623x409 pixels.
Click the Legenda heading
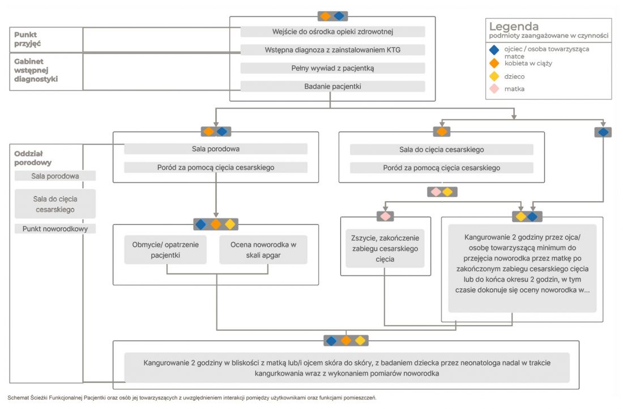coord(514,27)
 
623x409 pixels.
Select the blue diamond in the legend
coord(494,50)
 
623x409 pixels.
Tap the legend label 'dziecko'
coord(514,76)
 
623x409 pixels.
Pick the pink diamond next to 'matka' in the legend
coord(494,88)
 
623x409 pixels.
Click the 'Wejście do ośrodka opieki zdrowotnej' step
coord(332,32)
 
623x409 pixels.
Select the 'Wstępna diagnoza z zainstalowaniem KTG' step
coord(332,50)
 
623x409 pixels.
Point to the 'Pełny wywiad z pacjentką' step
coord(332,69)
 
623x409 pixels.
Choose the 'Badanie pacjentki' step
coord(332,86)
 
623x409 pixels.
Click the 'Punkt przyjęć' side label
coord(27,39)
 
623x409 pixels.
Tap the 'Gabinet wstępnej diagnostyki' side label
coord(36,70)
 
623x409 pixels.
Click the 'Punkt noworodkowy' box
coord(56,228)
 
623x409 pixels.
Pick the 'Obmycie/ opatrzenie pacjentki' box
coord(165,250)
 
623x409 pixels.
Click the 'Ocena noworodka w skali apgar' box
coord(263,250)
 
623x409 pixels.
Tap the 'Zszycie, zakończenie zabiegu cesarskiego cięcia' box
coord(385,249)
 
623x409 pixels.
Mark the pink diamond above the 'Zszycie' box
coord(385,216)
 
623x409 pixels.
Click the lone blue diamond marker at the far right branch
coord(603,132)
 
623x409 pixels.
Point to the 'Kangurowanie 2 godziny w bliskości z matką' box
coord(347,368)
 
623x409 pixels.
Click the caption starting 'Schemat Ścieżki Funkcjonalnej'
coord(192,398)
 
